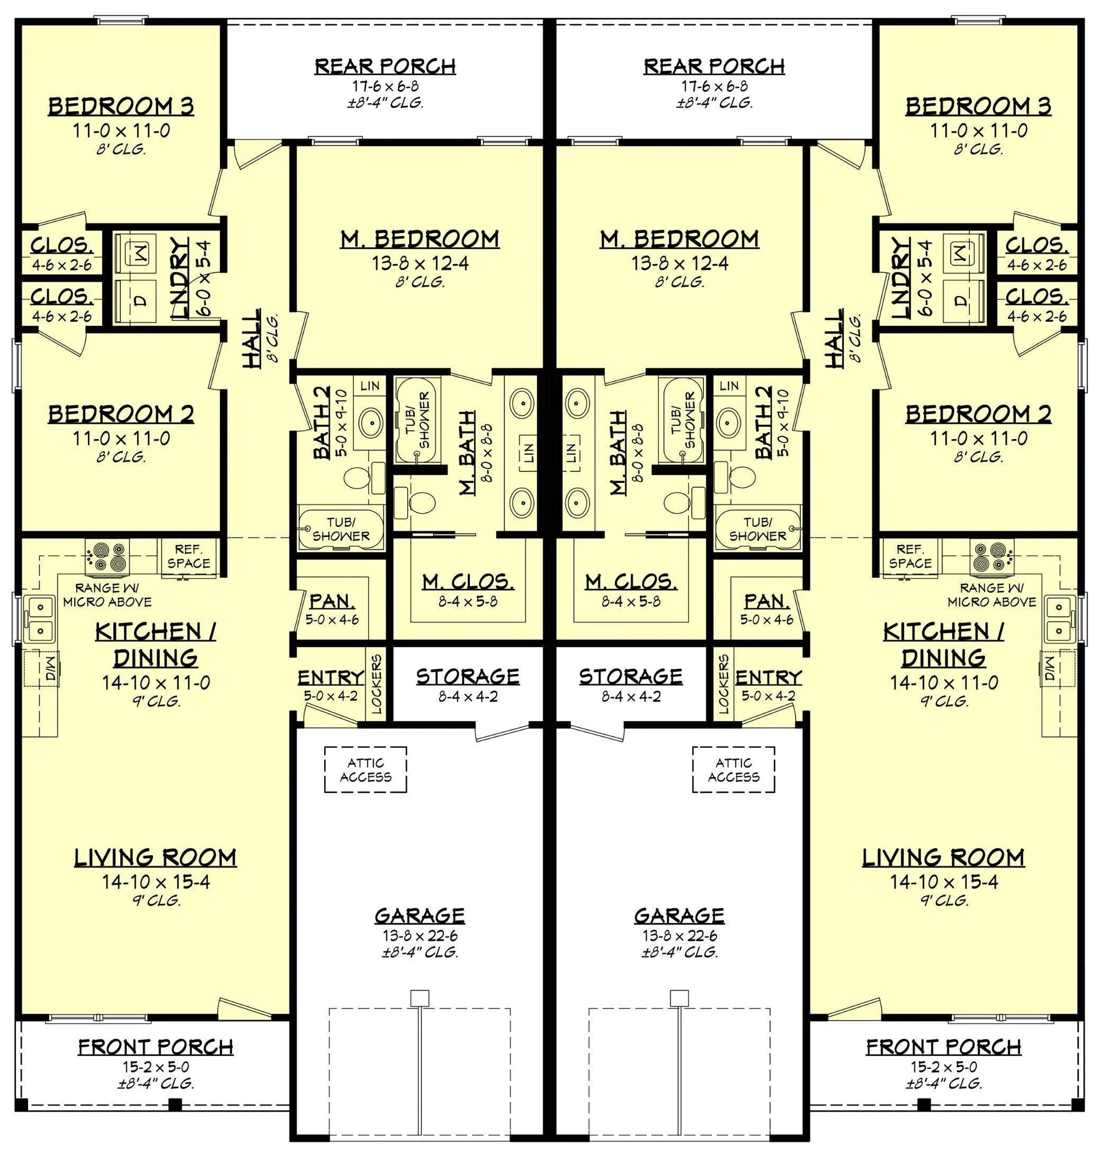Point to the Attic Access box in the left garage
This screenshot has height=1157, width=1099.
[x=365, y=770]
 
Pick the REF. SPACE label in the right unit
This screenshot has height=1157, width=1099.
[x=910, y=556]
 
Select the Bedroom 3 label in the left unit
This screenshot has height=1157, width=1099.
[x=121, y=107]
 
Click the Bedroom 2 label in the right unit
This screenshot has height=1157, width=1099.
[x=978, y=414]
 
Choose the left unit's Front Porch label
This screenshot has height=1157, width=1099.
[x=156, y=1045]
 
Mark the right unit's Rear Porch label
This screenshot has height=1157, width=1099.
[x=714, y=66]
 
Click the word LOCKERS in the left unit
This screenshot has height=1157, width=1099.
[x=376, y=683]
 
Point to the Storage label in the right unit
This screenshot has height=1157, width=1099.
[x=631, y=677]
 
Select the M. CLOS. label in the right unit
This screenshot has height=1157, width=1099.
[x=631, y=582]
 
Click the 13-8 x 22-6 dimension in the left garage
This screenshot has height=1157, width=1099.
[x=419, y=936]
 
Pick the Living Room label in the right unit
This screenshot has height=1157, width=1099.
[x=943, y=857]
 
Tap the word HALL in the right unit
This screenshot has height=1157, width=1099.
[x=834, y=338]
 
